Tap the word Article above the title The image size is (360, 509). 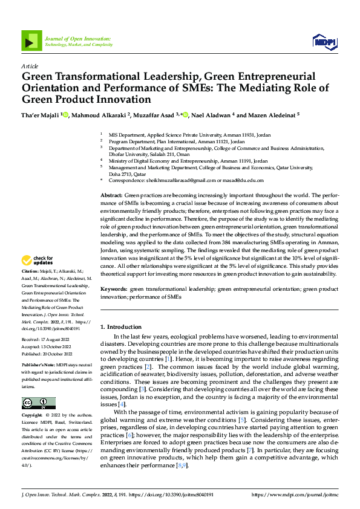click(30, 65)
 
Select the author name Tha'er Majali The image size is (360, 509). click(41, 115)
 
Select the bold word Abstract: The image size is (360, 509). click(111, 196)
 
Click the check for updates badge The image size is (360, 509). click(38, 261)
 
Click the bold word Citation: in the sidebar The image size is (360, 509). click(31, 273)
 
